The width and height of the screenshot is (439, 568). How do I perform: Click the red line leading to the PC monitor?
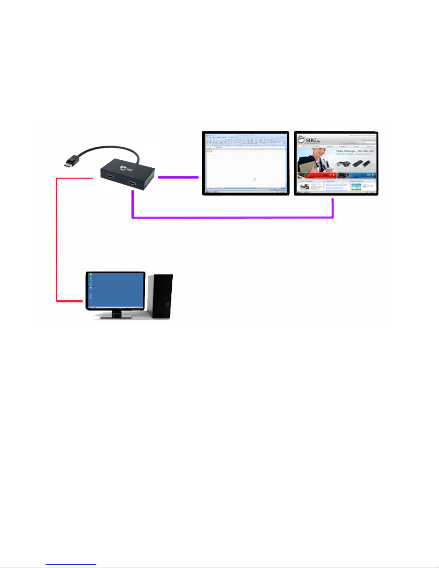57,244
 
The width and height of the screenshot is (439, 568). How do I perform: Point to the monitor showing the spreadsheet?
245,163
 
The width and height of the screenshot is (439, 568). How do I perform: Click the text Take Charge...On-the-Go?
354,151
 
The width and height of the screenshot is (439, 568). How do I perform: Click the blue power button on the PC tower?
167,305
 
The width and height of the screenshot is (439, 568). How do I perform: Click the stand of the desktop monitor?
116,314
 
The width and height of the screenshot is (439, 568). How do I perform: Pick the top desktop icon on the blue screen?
91,275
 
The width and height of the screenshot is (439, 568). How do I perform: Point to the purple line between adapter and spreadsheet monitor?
178,177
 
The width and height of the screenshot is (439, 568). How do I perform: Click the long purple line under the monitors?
233,217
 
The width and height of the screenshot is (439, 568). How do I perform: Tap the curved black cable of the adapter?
108,148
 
